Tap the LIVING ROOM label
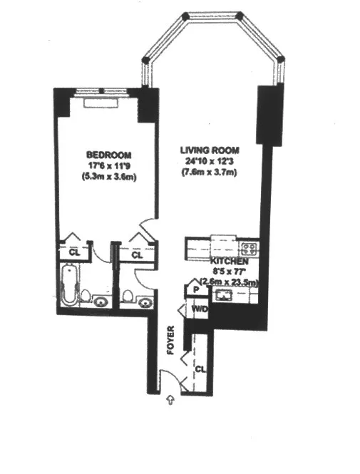pyautogui.click(x=209, y=150)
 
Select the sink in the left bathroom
pyautogui.click(x=102, y=301)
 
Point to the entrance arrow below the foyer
pyautogui.click(x=170, y=401)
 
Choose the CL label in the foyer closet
pyautogui.click(x=201, y=370)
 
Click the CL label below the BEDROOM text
pyautogui.click(x=73, y=252)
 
